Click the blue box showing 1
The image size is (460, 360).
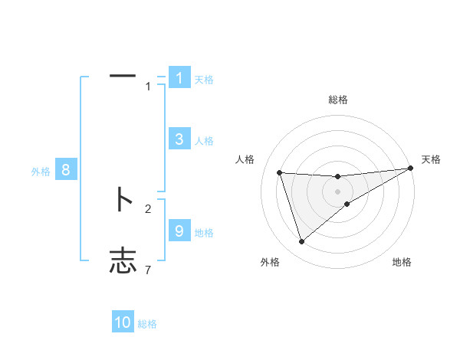coord(179,77)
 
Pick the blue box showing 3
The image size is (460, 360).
coord(179,139)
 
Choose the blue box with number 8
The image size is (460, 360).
coord(66,170)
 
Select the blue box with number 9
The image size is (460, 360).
coord(179,231)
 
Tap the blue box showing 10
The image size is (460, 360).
coord(123,322)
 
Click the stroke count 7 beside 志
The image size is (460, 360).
coord(148,270)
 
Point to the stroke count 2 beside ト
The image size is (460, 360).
coord(148,208)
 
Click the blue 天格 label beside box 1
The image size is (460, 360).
coord(203,79)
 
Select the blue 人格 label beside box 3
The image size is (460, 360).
coord(203,140)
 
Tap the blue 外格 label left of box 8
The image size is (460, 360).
coord(41,172)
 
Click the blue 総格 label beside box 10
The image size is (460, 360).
coord(147,324)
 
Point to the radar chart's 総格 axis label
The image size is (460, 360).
coord(337,100)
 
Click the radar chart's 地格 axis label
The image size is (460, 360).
coord(402,262)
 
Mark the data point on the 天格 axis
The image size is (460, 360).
coord(411,169)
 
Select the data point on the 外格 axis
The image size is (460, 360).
coord(301,242)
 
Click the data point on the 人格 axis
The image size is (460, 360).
coord(280,173)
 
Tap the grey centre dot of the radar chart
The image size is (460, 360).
coord(337,191)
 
